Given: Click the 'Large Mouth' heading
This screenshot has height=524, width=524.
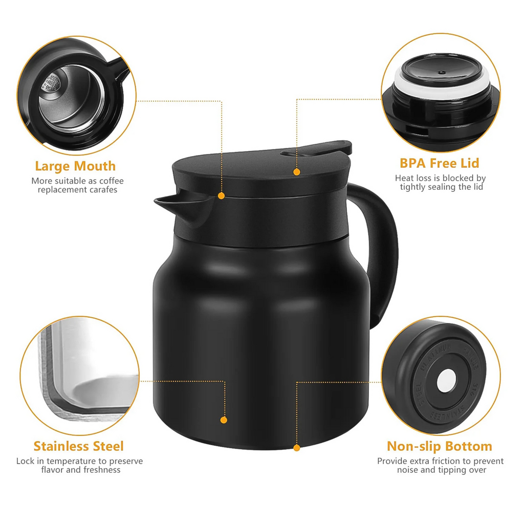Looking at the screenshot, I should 75,166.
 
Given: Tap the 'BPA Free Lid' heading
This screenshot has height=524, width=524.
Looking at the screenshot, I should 440,163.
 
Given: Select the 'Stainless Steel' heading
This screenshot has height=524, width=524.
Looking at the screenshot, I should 78,446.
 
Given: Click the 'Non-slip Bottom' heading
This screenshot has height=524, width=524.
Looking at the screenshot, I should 439,446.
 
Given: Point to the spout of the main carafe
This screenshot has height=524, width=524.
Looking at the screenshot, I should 169,203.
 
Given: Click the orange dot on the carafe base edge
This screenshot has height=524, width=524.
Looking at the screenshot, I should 296,448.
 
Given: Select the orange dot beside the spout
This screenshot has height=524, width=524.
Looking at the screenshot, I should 221,195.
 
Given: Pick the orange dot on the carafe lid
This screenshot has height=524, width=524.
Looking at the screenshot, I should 296,172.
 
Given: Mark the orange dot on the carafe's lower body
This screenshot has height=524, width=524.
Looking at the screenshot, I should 224,420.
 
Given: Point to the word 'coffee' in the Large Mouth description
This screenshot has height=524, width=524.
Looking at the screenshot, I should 112,181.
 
